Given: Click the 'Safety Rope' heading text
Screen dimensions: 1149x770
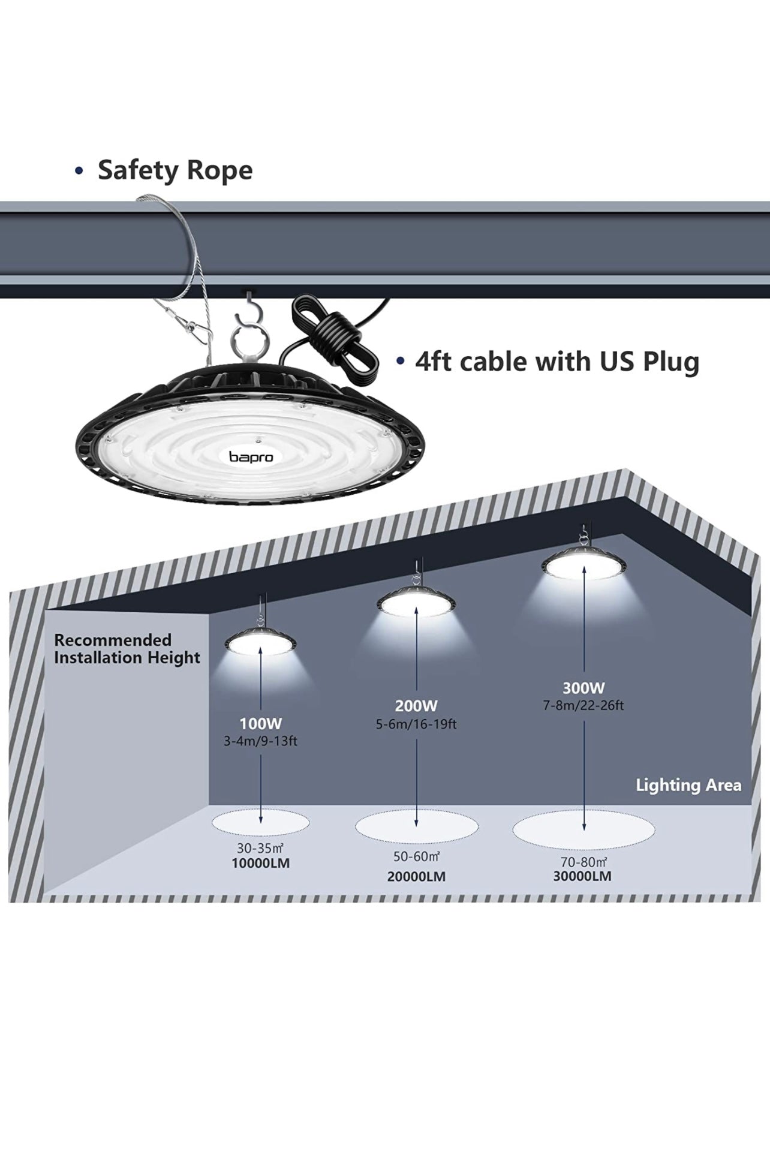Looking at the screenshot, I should coord(175,170).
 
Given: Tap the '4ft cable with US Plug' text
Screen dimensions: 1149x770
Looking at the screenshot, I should coord(557,362).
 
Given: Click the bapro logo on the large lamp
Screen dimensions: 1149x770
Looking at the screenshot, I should coord(251,457).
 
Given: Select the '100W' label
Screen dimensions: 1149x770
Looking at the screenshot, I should coord(260,724).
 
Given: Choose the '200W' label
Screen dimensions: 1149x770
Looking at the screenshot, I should coord(416,706).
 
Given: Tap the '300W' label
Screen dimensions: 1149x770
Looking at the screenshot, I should coord(583,688).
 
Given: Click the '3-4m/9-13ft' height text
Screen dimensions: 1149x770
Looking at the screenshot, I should coord(260,741).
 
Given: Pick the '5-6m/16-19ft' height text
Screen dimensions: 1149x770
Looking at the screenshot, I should coord(416,724).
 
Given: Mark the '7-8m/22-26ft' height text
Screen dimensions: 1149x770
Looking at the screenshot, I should coord(583,705).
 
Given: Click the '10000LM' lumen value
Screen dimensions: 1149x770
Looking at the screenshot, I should coord(260,864).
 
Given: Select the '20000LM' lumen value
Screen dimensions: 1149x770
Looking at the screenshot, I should coord(416,876).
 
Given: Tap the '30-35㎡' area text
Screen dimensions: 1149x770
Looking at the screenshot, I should coord(260,849).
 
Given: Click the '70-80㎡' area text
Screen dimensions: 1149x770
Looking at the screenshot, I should coord(582,861).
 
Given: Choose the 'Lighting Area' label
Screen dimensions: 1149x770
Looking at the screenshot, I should coord(688,785).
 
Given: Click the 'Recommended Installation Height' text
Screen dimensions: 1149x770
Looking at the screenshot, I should coord(127,649).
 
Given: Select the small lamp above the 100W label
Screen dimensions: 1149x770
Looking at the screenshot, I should coord(261,642).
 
